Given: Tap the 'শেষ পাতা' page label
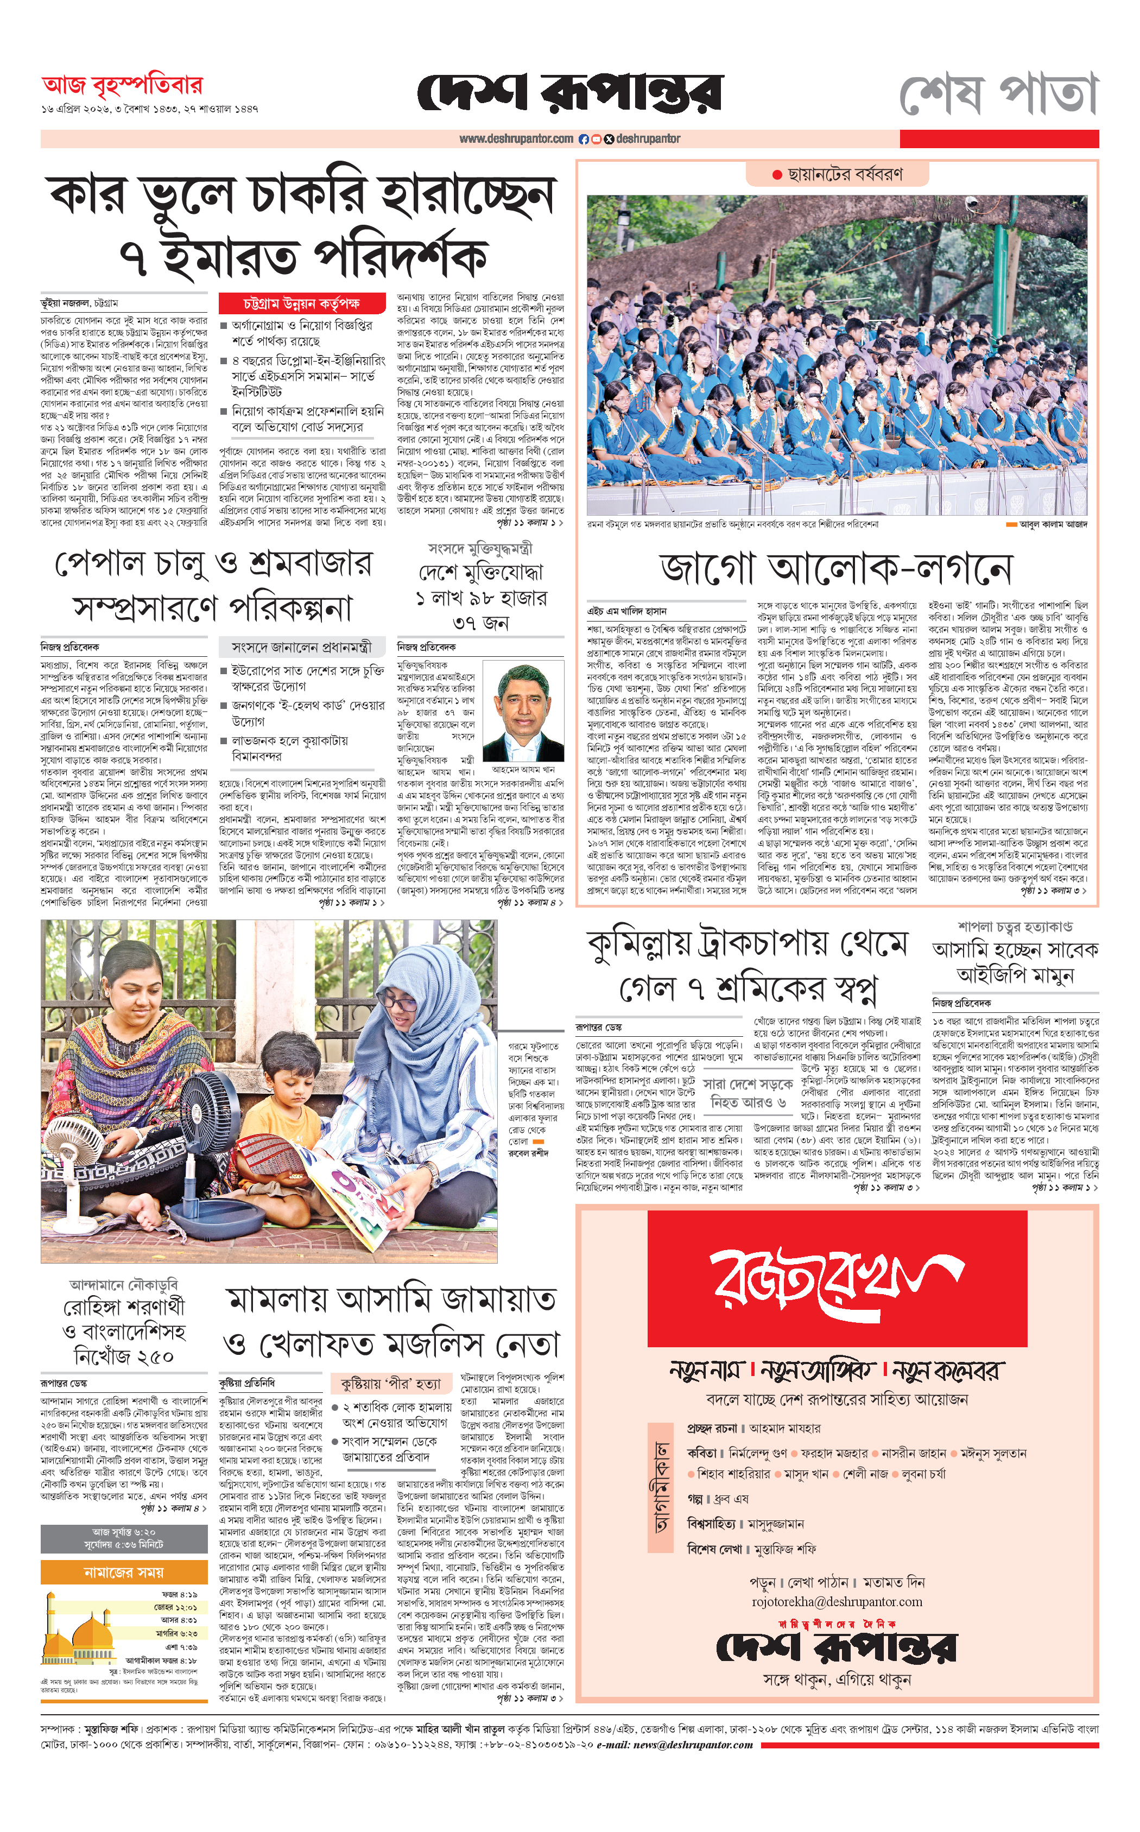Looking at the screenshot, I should (x=998, y=94).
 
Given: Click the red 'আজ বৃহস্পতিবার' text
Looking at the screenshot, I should (x=122, y=86).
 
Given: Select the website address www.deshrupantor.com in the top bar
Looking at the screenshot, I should (x=516, y=139).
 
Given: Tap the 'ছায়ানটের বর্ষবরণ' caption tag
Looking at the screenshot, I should (x=838, y=175).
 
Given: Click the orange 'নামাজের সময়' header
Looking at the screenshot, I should (x=124, y=1572).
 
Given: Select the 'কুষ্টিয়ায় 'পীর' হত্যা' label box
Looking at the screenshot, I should (x=391, y=1384).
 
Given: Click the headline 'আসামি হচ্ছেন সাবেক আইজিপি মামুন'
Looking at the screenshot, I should (x=1015, y=961).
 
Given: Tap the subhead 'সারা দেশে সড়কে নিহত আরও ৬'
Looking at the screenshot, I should (x=748, y=1092).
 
